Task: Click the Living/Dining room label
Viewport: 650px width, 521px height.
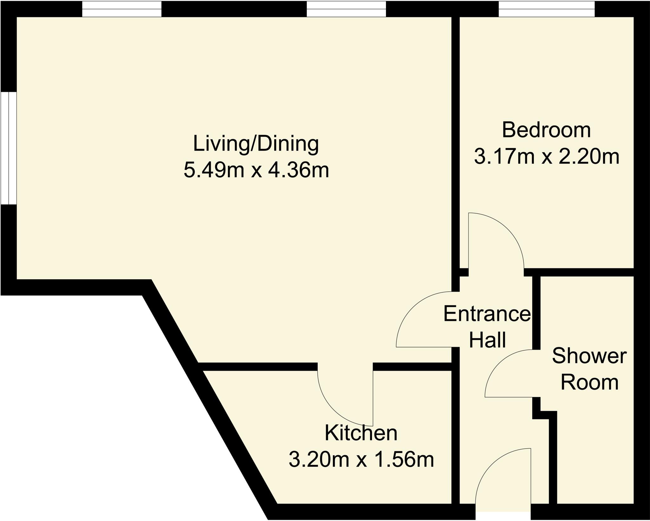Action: [256, 144]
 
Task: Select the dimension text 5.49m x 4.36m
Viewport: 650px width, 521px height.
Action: [256, 171]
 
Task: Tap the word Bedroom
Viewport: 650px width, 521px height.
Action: [546, 130]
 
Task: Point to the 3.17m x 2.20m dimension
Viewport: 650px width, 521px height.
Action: [547, 157]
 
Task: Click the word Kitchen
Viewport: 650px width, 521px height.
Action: [361, 433]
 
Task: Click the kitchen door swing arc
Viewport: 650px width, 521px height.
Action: [333, 410]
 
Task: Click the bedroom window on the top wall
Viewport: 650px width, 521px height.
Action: [546, 9]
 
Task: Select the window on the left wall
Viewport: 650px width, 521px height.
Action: [8, 148]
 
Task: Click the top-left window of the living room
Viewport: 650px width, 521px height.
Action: [122, 9]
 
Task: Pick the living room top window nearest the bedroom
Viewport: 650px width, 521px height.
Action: [346, 9]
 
